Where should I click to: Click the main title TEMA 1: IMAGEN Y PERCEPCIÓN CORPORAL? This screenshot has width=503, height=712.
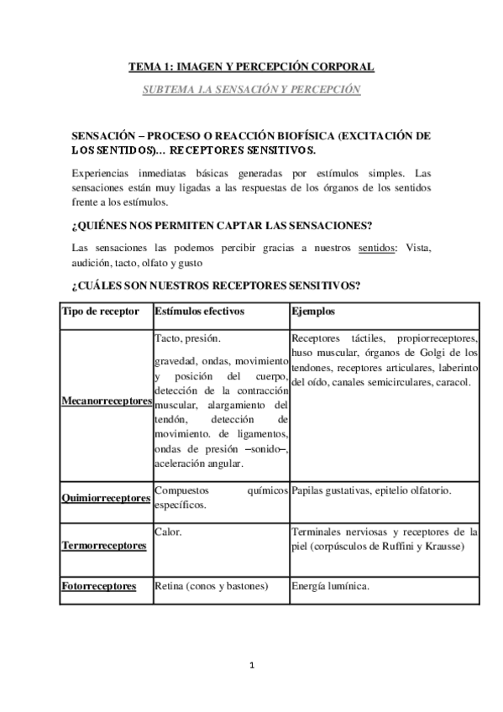point(251,65)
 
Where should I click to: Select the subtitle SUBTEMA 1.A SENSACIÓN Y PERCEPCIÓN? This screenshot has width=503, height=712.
point(251,88)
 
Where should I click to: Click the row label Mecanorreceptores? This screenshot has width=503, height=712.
point(107,401)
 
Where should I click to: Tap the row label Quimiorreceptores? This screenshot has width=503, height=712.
point(107,497)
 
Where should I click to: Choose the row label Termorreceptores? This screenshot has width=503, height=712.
point(104,545)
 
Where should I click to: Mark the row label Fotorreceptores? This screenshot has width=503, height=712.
point(99,586)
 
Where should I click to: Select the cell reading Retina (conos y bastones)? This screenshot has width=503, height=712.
point(212,586)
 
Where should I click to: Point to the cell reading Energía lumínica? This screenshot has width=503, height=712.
point(332,586)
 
